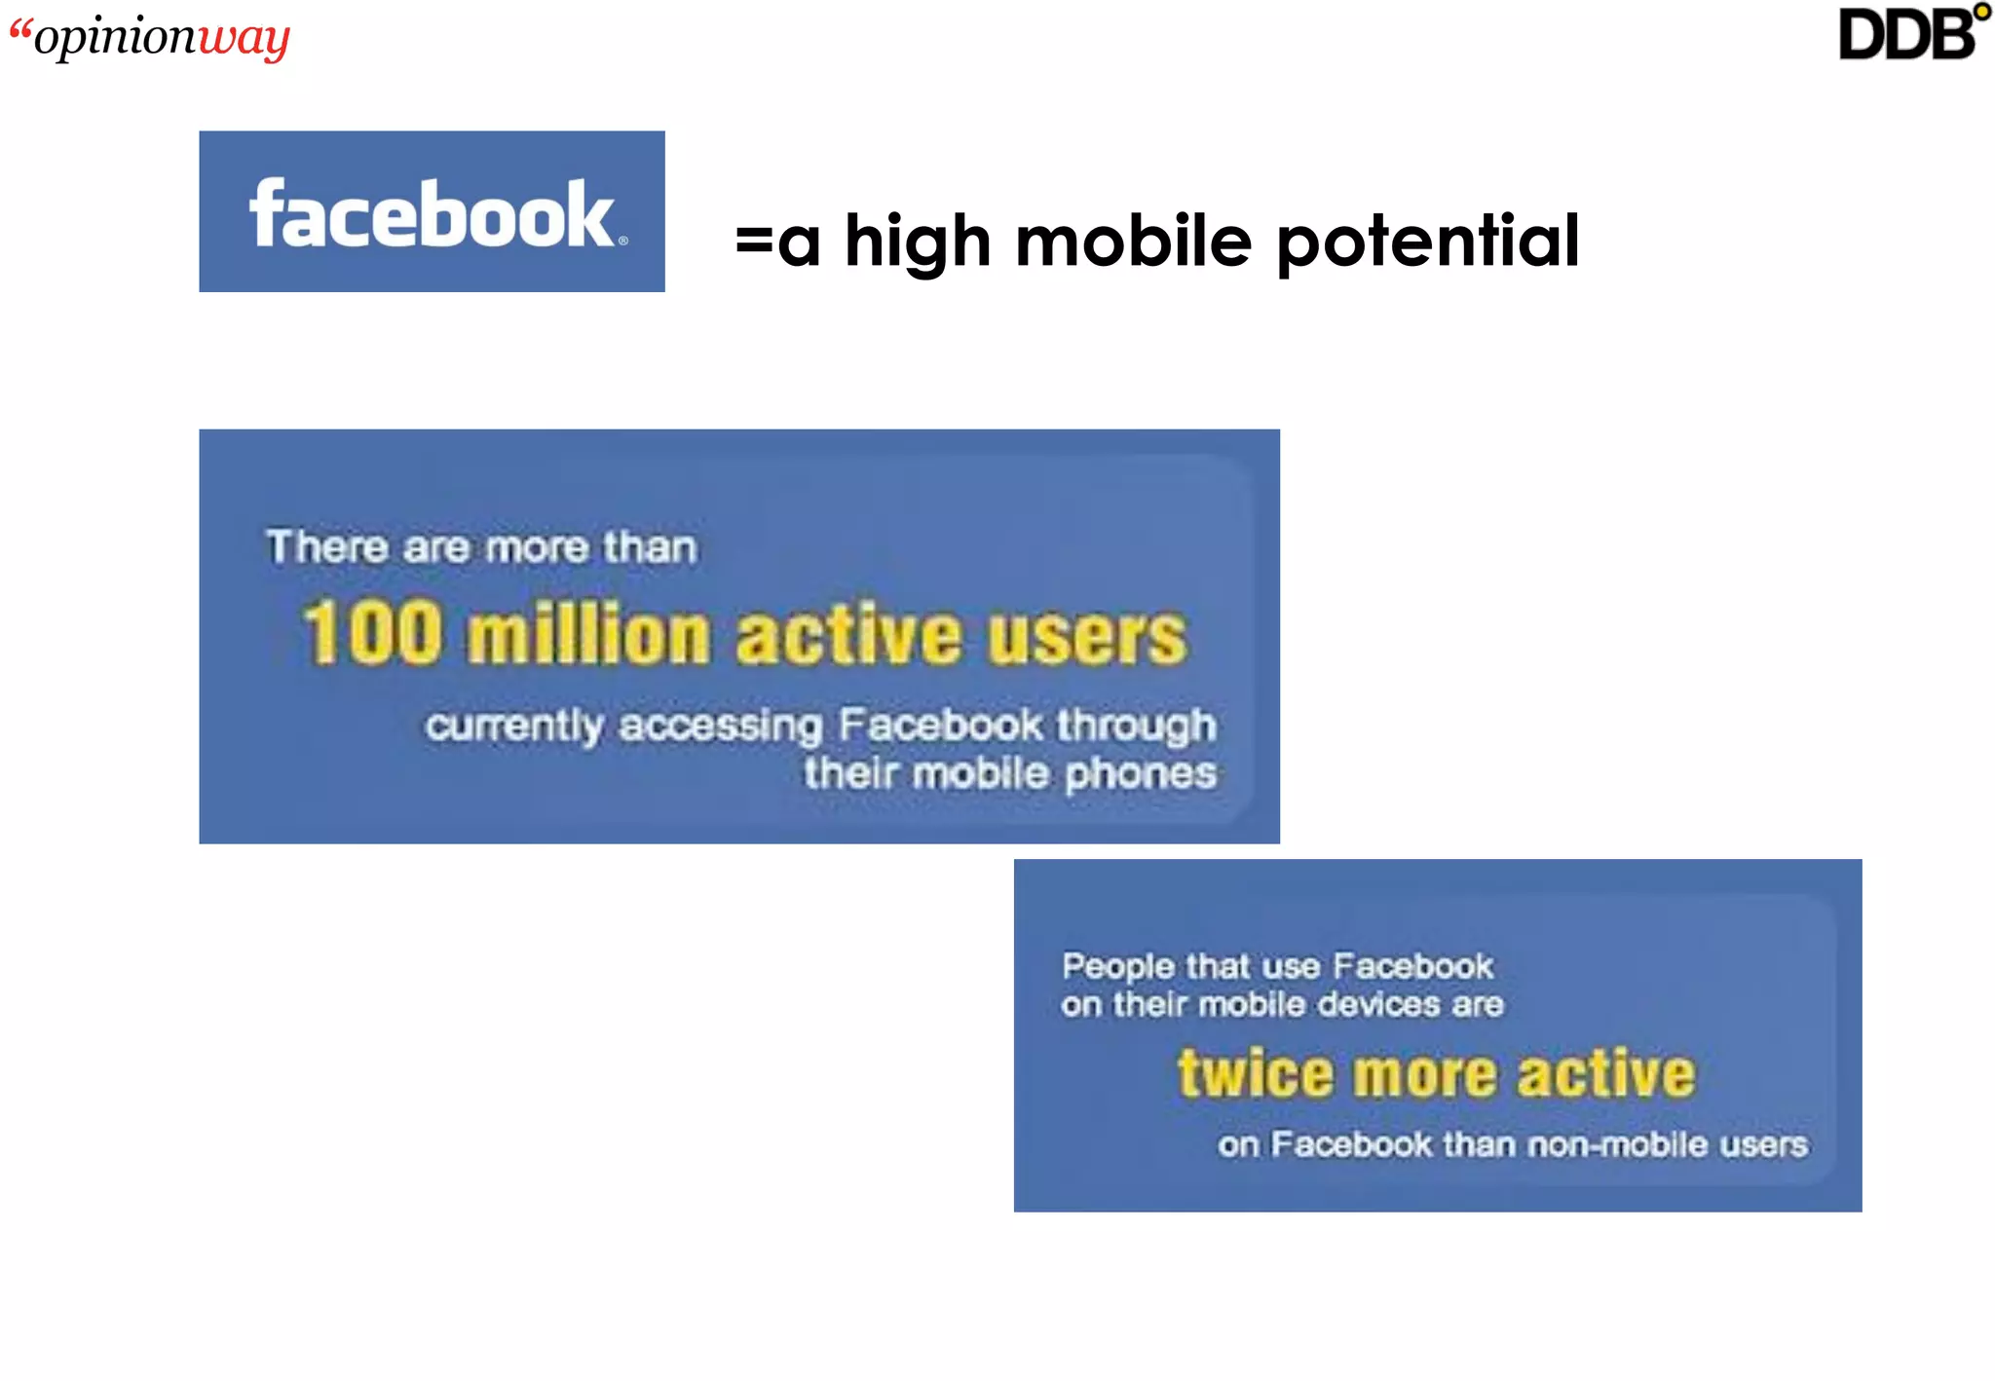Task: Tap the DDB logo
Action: pyautogui.click(x=1912, y=33)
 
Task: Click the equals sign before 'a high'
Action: pyautogui.click(x=753, y=240)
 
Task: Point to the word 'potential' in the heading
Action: pyautogui.click(x=1428, y=241)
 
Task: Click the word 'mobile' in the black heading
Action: pyautogui.click(x=1134, y=241)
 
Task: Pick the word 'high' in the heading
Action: pyautogui.click(x=918, y=241)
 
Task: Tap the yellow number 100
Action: pyautogui.click(x=372, y=633)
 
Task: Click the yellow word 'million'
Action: pyautogui.click(x=588, y=635)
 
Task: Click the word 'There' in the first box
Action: pyautogui.click(x=327, y=547)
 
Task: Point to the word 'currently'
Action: pyautogui.click(x=513, y=727)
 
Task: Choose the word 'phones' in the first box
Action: pyautogui.click(x=1140, y=775)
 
